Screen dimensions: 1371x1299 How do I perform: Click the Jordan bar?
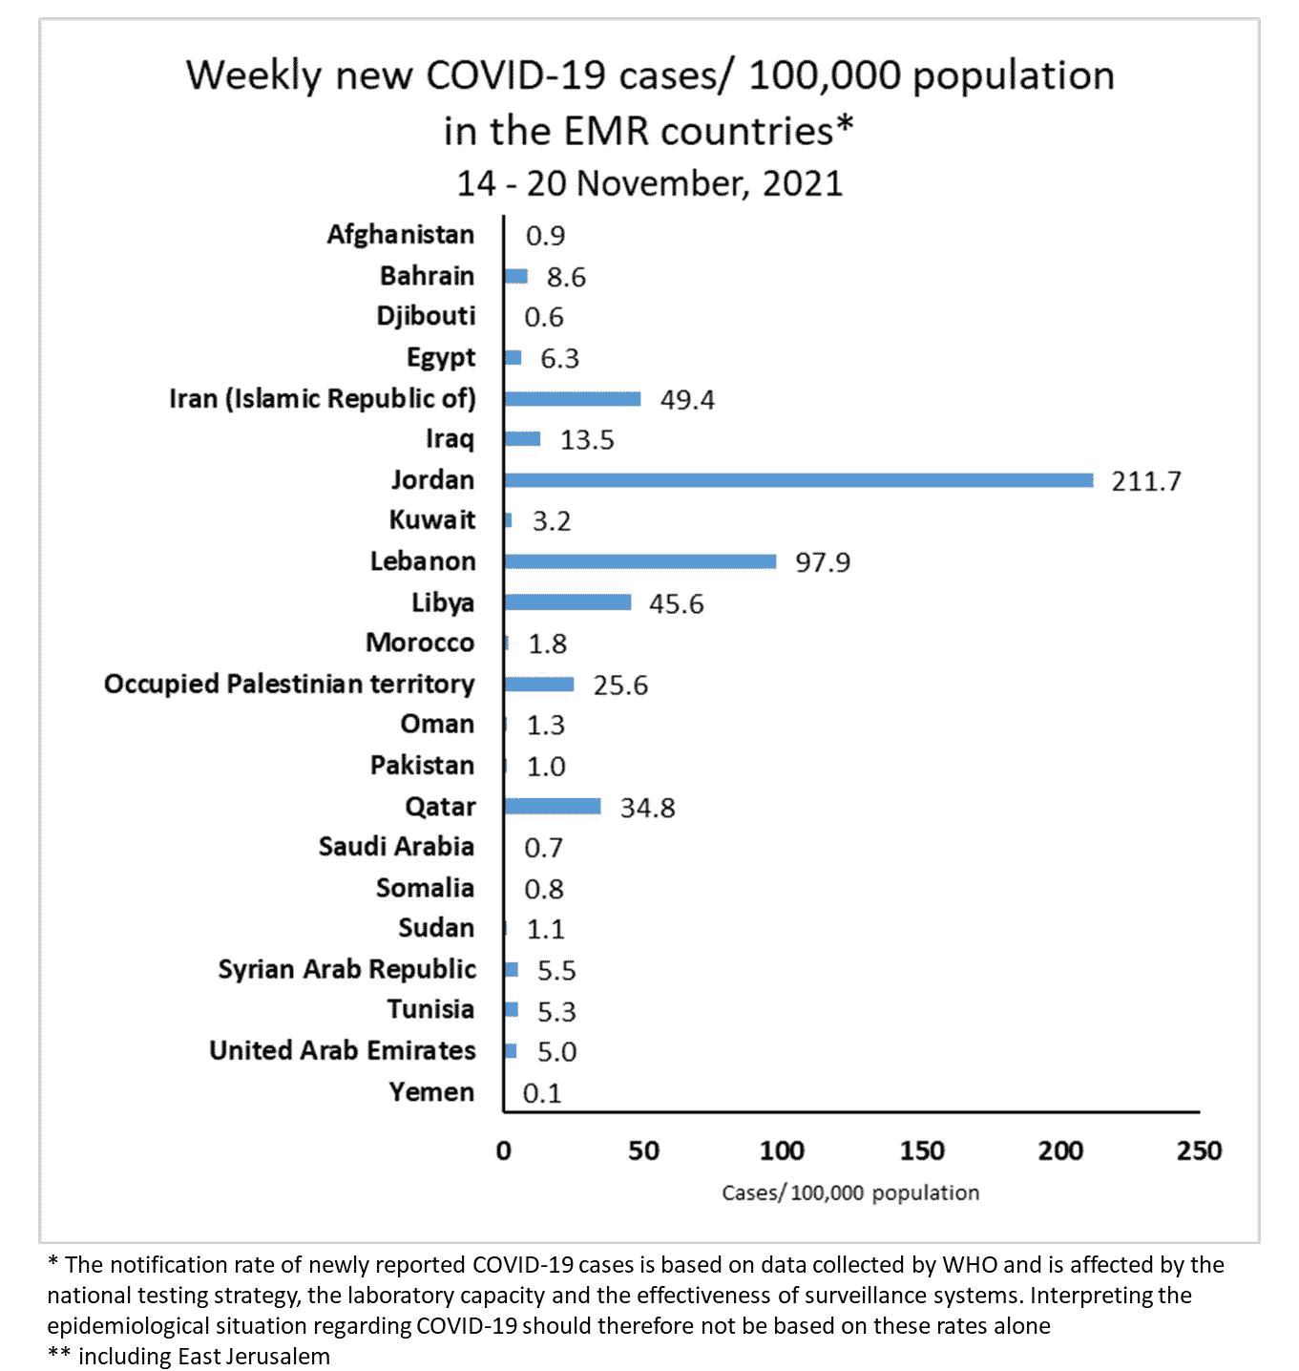click(x=798, y=480)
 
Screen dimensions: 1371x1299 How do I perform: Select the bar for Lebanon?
click(x=639, y=561)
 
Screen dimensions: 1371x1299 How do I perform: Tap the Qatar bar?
click(x=553, y=807)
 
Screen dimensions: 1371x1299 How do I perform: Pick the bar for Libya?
click(x=567, y=602)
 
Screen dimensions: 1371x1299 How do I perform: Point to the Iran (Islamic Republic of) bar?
click(x=572, y=399)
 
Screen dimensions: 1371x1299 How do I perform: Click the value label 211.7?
click(x=1145, y=481)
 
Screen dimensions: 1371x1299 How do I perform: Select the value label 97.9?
click(x=822, y=562)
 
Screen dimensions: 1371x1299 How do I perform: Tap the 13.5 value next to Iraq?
click(x=587, y=440)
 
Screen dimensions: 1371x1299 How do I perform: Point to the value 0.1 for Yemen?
click(x=542, y=1093)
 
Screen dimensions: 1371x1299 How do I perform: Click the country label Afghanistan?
click(x=401, y=235)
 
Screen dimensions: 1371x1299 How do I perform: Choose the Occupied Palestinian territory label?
click(x=289, y=685)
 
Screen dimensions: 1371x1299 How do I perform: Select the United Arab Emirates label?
click(x=343, y=1051)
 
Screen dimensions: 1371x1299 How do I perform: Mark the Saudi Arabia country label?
click(x=396, y=847)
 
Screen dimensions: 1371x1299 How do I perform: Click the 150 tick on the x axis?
click(x=921, y=1151)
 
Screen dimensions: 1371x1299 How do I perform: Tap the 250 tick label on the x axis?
click(x=1199, y=1151)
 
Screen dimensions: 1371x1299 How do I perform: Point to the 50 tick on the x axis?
click(x=643, y=1151)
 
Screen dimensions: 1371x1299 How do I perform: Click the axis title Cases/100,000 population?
click(x=850, y=1193)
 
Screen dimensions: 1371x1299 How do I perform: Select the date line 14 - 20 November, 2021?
click(x=649, y=183)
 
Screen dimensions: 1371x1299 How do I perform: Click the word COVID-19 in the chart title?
click(x=514, y=75)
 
